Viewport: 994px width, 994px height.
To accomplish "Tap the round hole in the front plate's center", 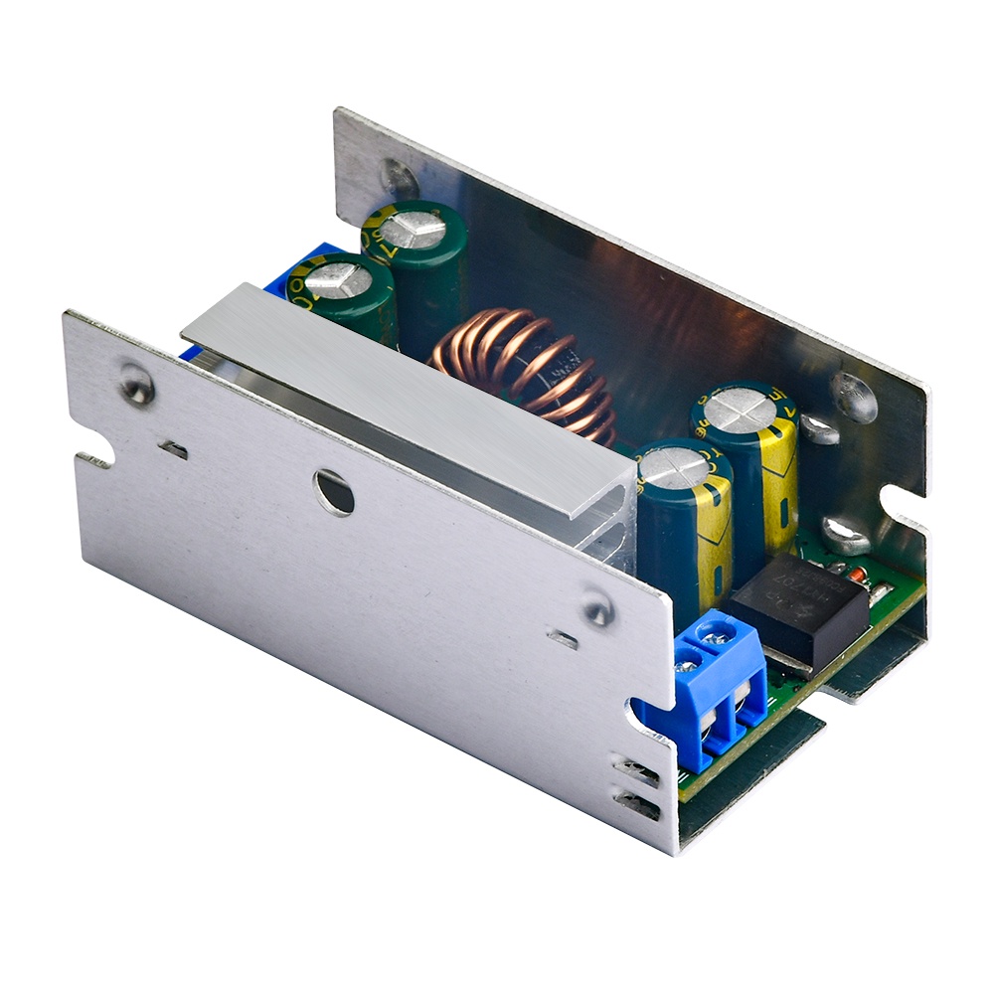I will pyautogui.click(x=334, y=492).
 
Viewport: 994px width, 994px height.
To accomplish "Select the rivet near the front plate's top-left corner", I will pyautogui.click(x=136, y=385).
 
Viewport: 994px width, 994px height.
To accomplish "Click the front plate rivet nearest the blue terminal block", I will pyautogui.click(x=597, y=607).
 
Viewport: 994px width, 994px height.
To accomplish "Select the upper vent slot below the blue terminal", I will pyautogui.click(x=636, y=769).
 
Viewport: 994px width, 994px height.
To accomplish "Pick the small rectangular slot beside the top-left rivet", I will pyautogui.click(x=174, y=450).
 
